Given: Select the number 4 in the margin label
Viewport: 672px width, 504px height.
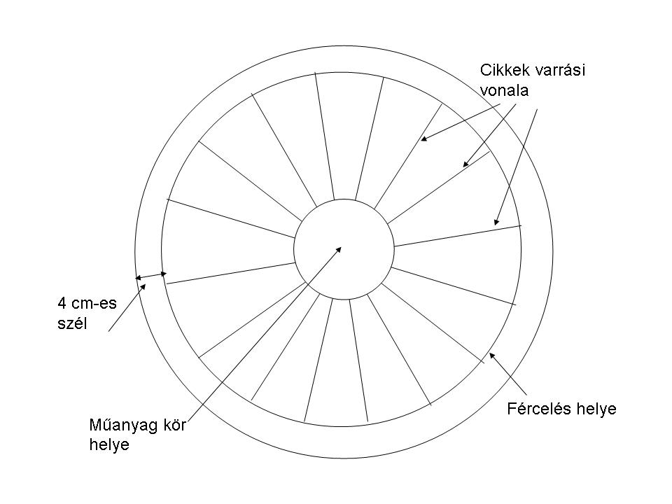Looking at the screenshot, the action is coord(62,304).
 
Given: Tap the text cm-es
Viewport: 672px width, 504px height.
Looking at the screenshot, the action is coord(94,304).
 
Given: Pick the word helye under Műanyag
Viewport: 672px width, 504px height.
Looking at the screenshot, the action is coord(109,444).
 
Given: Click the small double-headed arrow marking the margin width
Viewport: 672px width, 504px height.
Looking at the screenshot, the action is coord(150,275).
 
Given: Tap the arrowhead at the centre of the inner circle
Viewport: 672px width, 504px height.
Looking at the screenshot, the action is coord(339,247).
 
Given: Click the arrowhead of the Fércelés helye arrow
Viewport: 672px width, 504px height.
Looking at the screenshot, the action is coord(491,355).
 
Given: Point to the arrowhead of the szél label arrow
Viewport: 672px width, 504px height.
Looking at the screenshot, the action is coord(144,286).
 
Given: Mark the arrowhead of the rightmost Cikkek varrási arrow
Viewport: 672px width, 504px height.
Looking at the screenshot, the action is coord(496,222).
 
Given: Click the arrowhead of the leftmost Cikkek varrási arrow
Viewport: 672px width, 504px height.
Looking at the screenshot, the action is coord(423,139).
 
